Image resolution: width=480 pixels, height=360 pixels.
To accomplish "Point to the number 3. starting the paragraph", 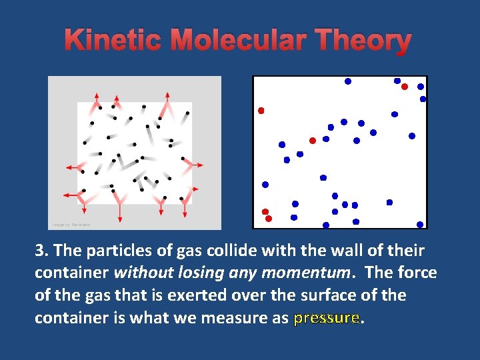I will tap(42, 251).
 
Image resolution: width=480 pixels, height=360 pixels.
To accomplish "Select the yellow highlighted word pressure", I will tap(326, 317).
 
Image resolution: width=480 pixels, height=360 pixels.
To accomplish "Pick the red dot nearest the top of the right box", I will tap(405, 87).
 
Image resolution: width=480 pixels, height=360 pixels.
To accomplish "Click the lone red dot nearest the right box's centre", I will tap(312, 141).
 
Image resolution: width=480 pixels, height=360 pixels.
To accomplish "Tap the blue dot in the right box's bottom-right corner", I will tap(420, 225).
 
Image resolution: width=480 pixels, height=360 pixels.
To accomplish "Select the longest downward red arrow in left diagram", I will tap(120, 208).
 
